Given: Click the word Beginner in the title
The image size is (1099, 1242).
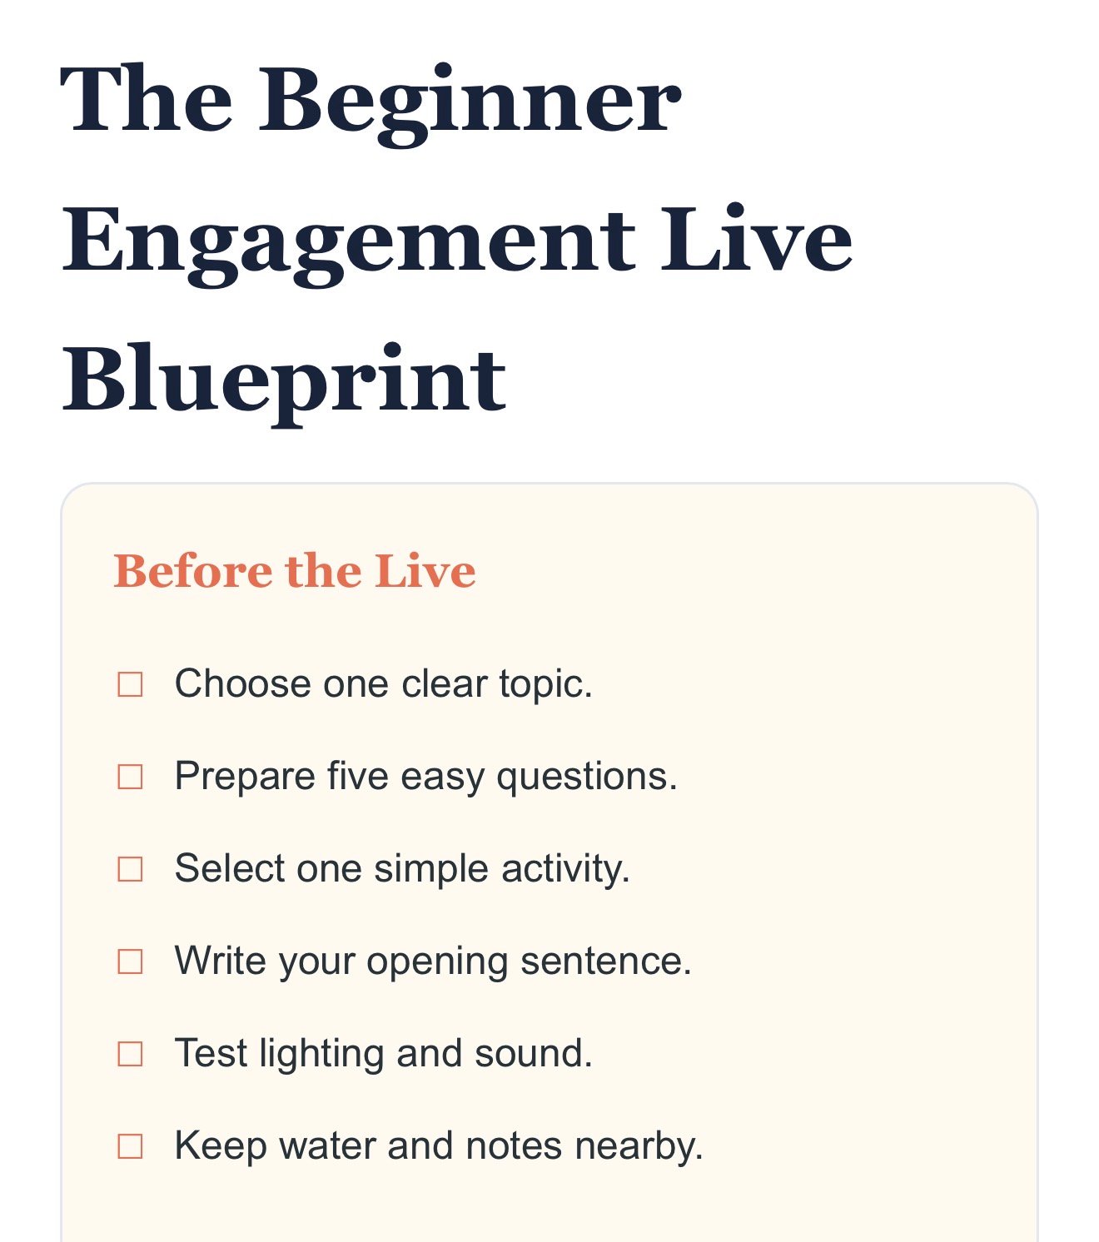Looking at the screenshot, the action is click(470, 104).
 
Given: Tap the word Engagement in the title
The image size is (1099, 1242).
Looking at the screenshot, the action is click(349, 245).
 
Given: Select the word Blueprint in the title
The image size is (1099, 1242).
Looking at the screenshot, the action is click(284, 384).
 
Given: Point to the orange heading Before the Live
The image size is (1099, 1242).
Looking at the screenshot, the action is click(295, 571).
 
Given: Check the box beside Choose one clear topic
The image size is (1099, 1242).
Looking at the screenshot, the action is click(130, 684).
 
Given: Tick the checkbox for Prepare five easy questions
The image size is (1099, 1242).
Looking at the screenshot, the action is click(130, 777).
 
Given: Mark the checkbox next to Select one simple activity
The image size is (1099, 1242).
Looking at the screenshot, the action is click(130, 869).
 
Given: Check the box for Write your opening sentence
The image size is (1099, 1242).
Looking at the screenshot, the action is click(130, 961).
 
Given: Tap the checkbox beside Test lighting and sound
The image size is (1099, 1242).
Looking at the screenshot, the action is click(130, 1054).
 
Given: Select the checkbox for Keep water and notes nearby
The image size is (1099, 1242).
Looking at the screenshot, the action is click(130, 1145).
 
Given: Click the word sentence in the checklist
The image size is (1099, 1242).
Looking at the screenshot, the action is click(606, 961).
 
